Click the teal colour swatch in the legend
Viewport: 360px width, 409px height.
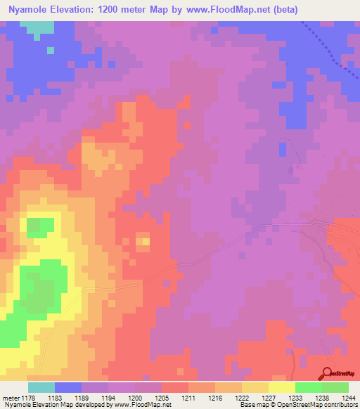(x=41, y=387)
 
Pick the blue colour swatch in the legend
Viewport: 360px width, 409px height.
(x=68, y=387)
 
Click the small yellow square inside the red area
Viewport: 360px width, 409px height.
(x=143, y=242)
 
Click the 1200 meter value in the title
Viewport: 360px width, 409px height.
(x=132, y=10)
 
